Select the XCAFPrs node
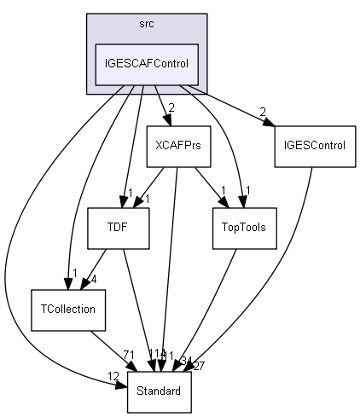coord(178,145)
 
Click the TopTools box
coord(244,228)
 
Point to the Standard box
coord(160,392)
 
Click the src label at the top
coord(146,24)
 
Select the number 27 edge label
coord(200,366)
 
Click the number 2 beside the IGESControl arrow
coord(264,113)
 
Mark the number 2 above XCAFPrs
coord(171,107)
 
